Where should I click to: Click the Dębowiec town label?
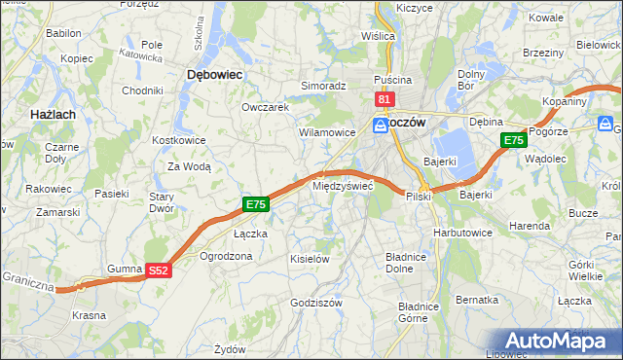pos(214,74)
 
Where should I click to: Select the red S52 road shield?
pos(160,271)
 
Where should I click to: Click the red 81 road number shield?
pos(384,99)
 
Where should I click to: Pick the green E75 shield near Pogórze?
pos(514,141)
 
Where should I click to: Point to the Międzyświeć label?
pos(342,185)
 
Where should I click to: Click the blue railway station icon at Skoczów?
pos(380,125)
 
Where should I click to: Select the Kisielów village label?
pos(311,259)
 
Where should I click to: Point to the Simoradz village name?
pos(323,86)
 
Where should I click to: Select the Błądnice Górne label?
pos(400,312)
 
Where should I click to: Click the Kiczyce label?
pos(414,8)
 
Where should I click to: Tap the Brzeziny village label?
pos(543,53)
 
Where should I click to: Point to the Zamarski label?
pos(51,211)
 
